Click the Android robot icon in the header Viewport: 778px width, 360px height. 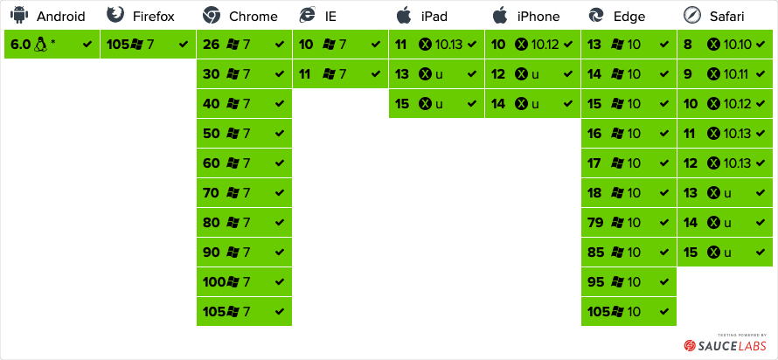(x=18, y=15)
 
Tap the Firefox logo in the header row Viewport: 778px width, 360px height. (x=115, y=15)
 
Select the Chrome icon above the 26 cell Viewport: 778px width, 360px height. (x=211, y=15)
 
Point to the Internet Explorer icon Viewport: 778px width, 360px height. (x=308, y=15)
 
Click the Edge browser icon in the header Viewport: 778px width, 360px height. (x=596, y=15)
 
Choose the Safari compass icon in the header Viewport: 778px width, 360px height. (x=692, y=15)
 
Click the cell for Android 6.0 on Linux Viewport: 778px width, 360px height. (x=52, y=44)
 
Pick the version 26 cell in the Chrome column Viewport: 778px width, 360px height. (x=244, y=44)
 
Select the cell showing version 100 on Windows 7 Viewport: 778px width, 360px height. (x=244, y=281)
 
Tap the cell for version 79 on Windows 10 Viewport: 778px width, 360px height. (x=629, y=222)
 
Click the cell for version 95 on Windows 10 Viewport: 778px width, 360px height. (x=629, y=281)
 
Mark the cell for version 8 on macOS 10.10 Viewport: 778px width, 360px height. (x=725, y=44)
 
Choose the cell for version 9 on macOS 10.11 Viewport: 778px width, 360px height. (x=725, y=73)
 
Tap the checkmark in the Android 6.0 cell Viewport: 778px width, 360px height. (x=87, y=44)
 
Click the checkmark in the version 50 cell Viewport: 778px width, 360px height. (x=280, y=133)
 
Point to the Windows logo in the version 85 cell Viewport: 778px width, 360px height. (x=619, y=252)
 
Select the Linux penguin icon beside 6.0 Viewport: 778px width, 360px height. (x=40, y=44)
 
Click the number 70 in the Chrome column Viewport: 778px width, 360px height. (x=211, y=192)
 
